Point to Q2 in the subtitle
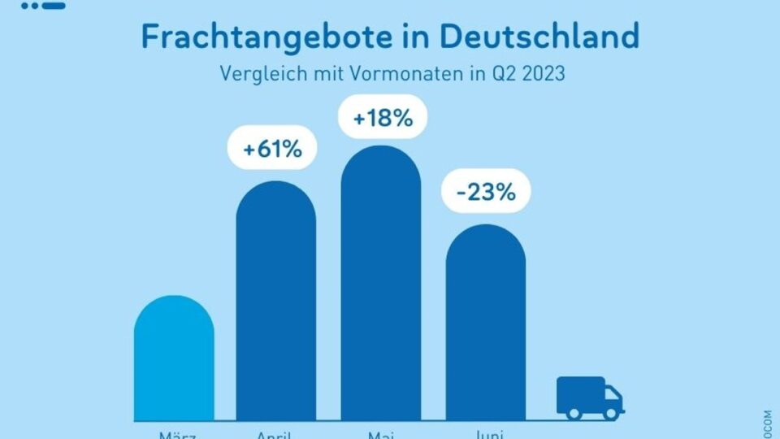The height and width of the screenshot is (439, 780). click(496, 73)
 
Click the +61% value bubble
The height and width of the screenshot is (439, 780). click(276, 150)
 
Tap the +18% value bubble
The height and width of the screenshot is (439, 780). click(381, 119)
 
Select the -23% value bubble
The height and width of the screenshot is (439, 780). click(486, 193)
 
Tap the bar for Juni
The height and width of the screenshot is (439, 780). click(486, 325)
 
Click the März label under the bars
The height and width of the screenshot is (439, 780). click(174, 435)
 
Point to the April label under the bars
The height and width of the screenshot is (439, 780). click(276, 435)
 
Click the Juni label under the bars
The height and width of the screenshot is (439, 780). click(486, 435)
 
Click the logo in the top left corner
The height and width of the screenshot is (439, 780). click(44, 5)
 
